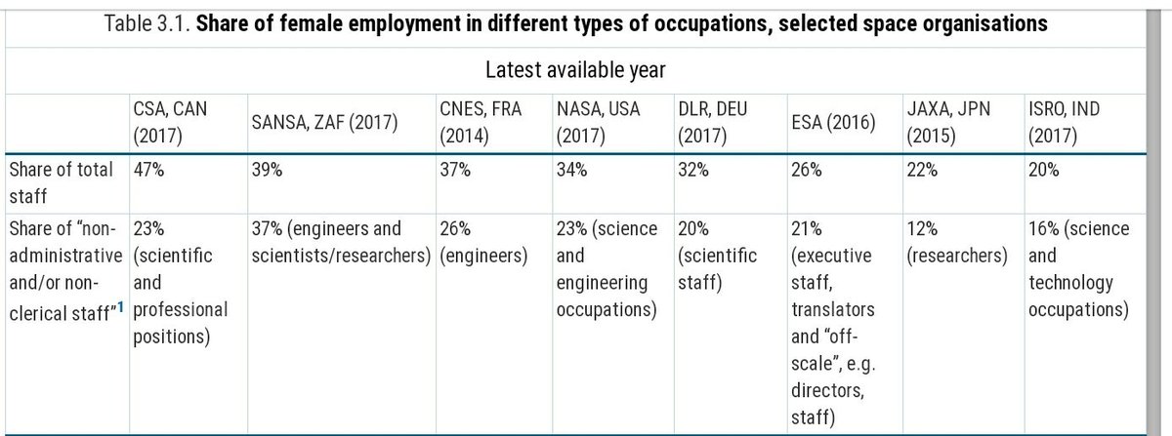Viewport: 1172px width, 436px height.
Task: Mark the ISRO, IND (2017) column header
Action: tap(1064, 122)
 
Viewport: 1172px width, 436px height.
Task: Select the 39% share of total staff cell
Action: tap(267, 170)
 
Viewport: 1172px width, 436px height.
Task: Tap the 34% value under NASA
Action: tap(571, 170)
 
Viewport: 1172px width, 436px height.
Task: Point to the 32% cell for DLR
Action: tap(691, 170)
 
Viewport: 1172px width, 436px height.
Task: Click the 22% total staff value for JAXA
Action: tap(922, 170)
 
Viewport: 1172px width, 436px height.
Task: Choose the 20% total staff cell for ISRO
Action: tap(1042, 170)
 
